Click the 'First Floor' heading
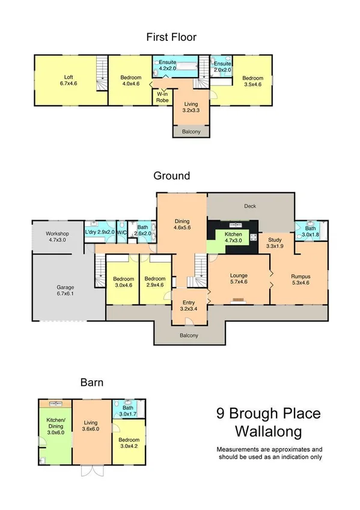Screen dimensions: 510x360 (171, 37)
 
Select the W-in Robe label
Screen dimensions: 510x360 (162, 97)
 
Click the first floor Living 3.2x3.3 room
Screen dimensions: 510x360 (191, 108)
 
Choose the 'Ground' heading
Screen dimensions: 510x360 (171, 176)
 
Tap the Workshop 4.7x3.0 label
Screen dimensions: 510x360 (59, 236)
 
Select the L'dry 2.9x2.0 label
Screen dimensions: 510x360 (98, 232)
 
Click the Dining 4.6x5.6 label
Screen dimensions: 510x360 (182, 225)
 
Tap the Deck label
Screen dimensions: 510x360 (250, 206)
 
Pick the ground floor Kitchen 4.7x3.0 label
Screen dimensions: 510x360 (233, 237)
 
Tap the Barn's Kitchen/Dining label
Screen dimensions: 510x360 (55, 426)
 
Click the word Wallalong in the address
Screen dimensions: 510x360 (268, 431)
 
